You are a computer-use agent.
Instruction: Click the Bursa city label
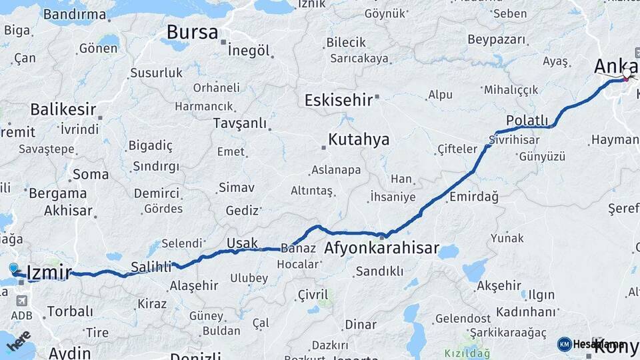(192, 31)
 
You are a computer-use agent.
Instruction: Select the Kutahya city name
(359, 140)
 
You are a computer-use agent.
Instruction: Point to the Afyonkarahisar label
(381, 249)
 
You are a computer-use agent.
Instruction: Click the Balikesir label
(63, 109)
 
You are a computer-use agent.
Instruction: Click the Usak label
(242, 242)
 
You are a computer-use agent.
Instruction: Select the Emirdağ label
(474, 197)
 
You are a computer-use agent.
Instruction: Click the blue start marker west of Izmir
(14, 268)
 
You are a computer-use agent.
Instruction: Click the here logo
(19, 340)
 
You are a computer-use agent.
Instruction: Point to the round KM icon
(565, 344)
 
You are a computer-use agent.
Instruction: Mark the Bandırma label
(74, 14)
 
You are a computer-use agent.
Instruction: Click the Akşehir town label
(499, 286)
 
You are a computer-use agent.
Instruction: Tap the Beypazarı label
(493, 39)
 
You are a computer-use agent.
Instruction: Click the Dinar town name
(361, 325)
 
